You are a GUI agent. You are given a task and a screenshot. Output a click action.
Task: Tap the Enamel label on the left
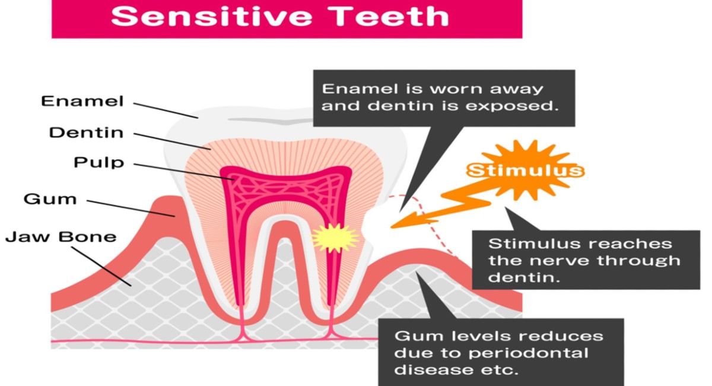tap(82, 102)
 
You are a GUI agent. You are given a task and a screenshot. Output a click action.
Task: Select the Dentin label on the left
tap(86, 132)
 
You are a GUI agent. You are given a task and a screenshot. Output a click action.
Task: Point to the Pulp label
tap(99, 163)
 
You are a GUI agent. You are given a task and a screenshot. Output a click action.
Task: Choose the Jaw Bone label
tap(61, 238)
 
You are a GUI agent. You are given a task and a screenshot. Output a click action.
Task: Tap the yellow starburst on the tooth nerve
tap(335, 238)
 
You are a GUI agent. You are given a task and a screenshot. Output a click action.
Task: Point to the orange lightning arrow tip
tap(394, 226)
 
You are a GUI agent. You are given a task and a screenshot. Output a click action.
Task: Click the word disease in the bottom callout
tap(427, 371)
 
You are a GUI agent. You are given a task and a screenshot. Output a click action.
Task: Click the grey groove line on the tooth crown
tap(285, 120)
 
